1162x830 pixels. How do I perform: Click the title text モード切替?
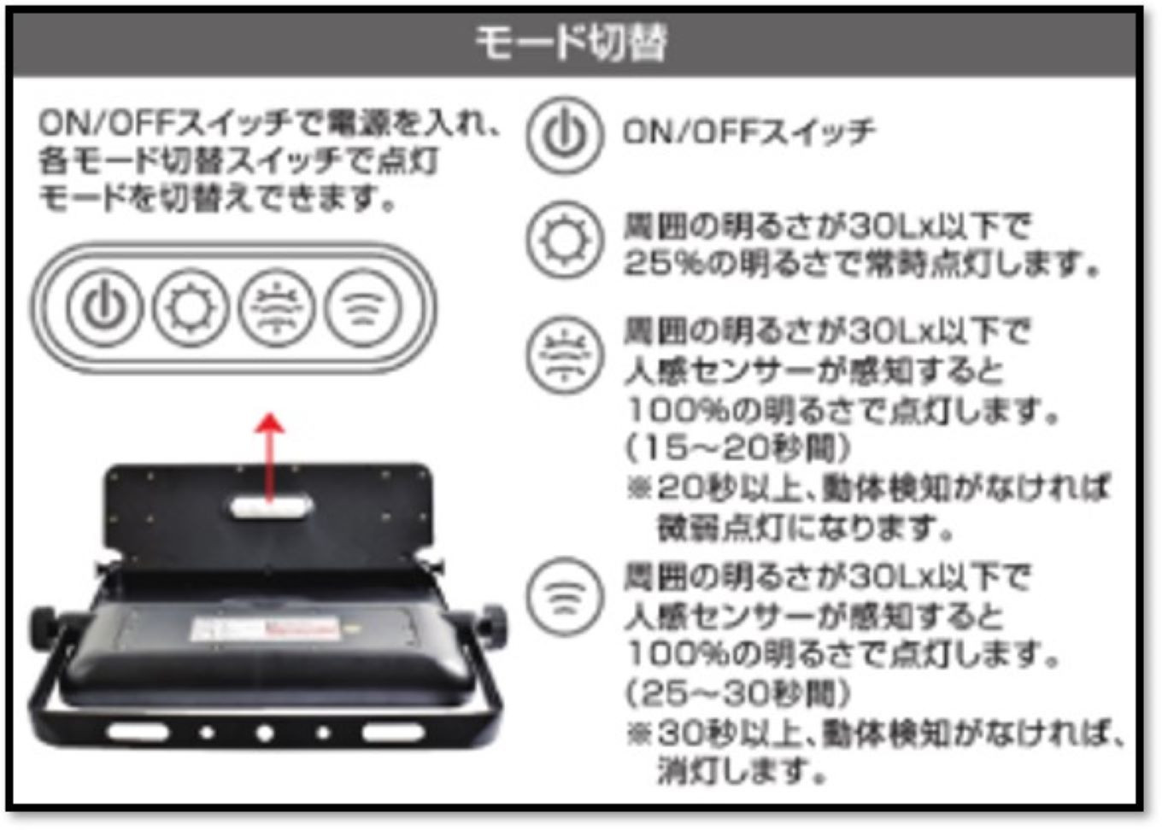[571, 41]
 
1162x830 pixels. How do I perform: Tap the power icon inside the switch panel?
[104, 307]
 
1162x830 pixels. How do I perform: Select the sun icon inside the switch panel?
[190, 307]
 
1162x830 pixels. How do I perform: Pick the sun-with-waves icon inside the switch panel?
[277, 307]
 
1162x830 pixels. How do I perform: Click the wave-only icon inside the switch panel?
[363, 307]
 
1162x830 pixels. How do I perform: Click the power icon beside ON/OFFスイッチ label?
[565, 135]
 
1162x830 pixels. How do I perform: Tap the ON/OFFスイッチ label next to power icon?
[748, 132]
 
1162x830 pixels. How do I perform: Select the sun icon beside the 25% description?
[565, 241]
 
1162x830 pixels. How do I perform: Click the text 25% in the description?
[654, 263]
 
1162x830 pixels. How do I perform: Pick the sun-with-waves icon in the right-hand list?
[563, 355]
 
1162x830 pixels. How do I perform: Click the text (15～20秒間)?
[738, 447]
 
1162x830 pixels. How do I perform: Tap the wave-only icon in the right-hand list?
[563, 596]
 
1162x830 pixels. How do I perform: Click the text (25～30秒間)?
[738, 693]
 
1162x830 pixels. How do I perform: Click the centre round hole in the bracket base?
[265, 733]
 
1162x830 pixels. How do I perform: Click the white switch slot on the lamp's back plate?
[270, 507]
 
